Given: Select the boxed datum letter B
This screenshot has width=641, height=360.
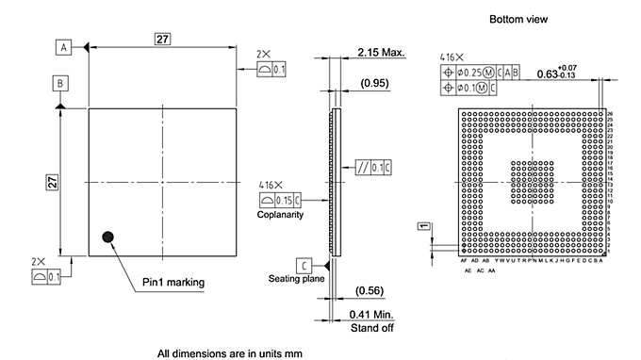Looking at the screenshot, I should (x=59, y=84).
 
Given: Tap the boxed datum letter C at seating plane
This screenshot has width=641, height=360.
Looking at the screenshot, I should (x=304, y=265).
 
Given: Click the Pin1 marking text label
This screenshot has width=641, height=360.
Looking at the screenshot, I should (x=173, y=282).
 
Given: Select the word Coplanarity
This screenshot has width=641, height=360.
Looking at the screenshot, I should (x=280, y=215).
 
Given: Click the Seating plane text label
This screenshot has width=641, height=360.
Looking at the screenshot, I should (x=297, y=279).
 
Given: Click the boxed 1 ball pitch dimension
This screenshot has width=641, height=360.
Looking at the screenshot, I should (x=424, y=227).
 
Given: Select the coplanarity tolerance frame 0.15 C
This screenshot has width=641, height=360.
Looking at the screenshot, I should (x=280, y=199).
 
